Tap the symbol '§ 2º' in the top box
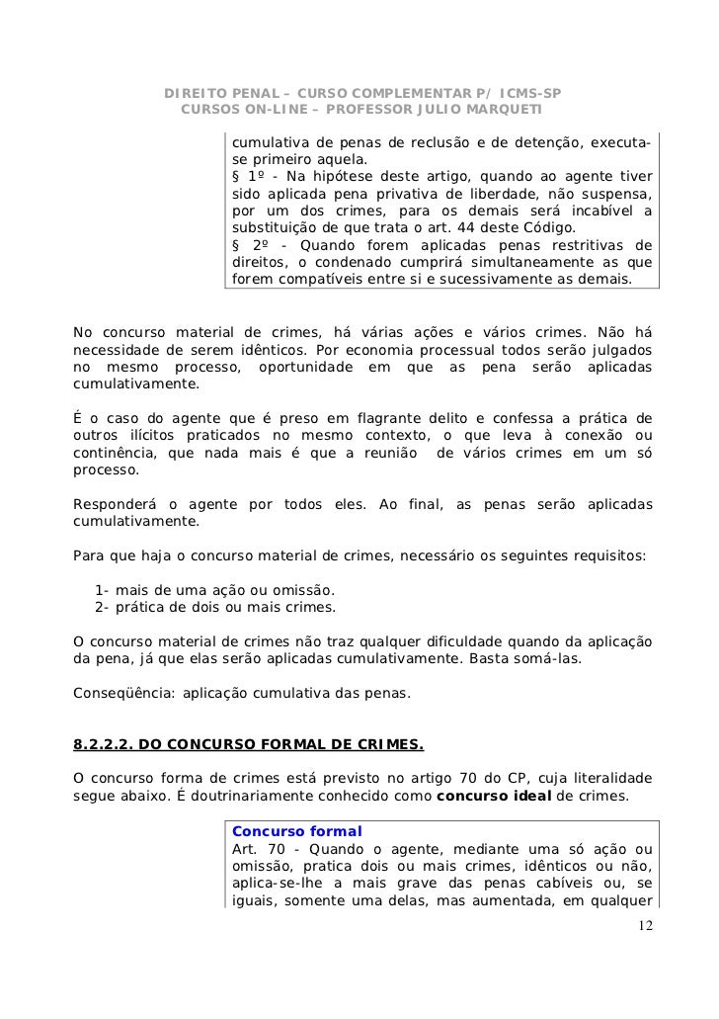click(x=249, y=244)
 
